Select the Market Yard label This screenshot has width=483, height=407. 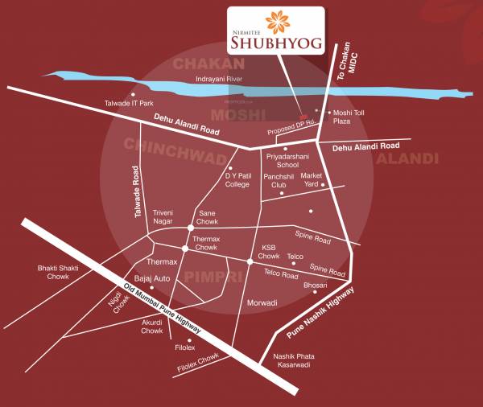[312, 179]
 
